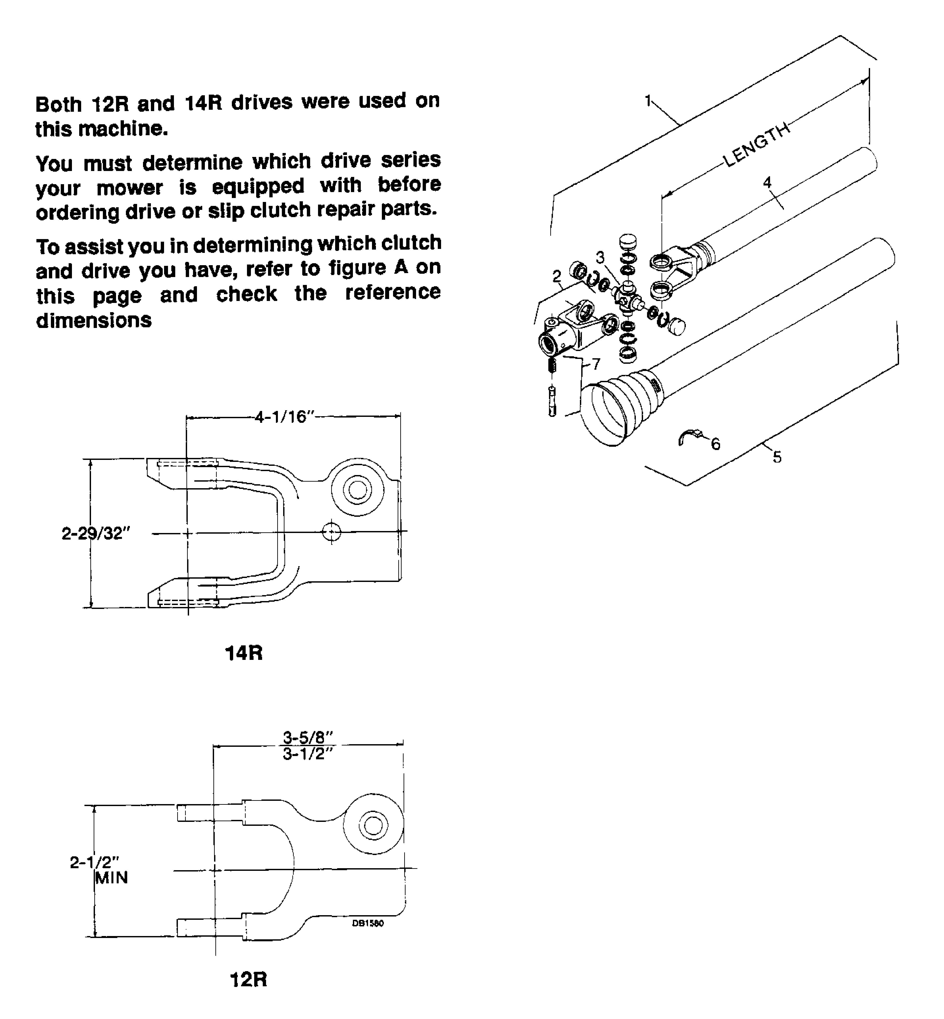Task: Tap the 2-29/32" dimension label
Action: tap(96, 533)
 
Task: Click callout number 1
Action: tap(648, 101)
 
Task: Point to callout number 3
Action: tap(600, 257)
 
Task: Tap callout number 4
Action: tap(767, 182)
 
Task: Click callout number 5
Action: tap(777, 457)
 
